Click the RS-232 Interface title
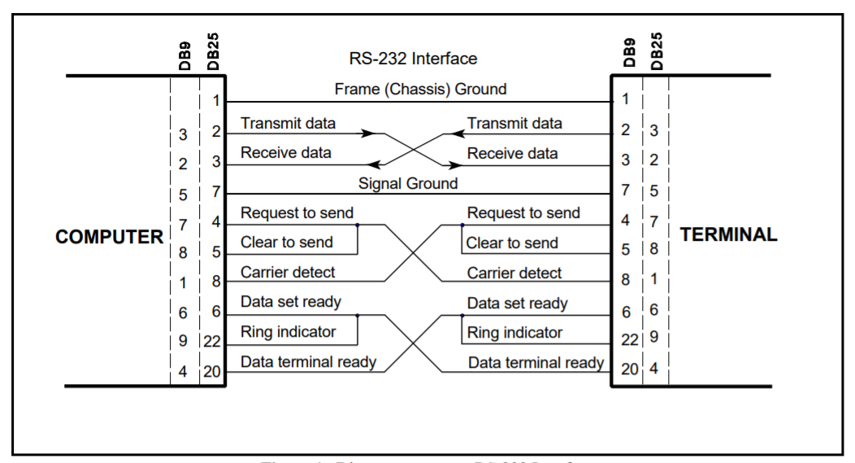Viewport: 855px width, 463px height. tap(413, 59)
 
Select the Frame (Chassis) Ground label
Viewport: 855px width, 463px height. tap(420, 89)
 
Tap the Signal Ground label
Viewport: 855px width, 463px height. tap(408, 183)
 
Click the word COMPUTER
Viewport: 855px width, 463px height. tap(110, 238)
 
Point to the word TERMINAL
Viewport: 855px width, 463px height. tap(728, 235)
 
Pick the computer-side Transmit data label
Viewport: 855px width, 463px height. tap(288, 124)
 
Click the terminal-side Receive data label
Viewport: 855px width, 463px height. tap(512, 154)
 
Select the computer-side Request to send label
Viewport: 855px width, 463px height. tap(297, 213)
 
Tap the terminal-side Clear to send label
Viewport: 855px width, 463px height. tap(512, 243)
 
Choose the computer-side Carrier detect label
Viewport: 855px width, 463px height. tap(288, 273)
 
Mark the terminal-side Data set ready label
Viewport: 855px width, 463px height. tap(517, 304)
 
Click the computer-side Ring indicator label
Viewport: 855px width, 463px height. tap(288, 332)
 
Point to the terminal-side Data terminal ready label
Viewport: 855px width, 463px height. tap(536, 363)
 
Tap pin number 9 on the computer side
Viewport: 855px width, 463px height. tap(183, 342)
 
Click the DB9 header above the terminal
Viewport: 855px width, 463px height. tap(629, 52)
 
